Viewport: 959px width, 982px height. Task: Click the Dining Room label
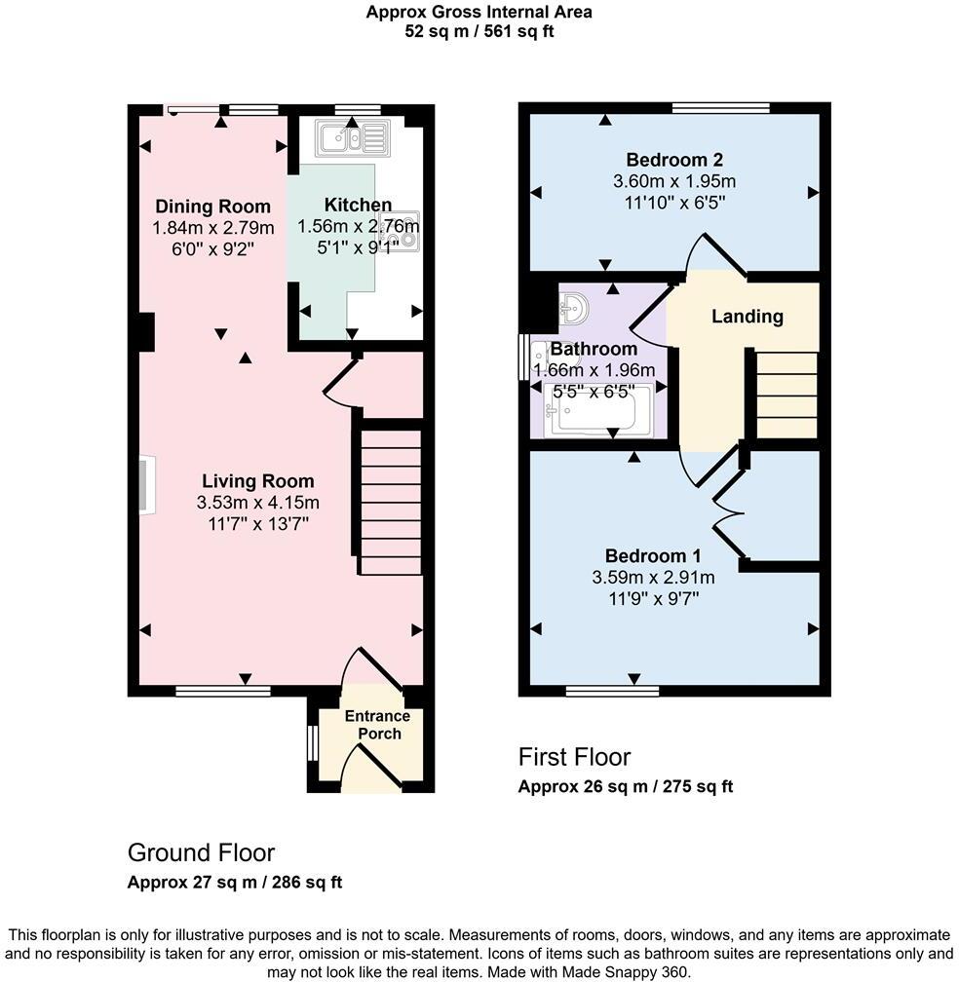[212, 206]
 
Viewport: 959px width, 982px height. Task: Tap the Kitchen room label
[358, 205]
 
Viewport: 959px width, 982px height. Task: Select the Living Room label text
[258, 481]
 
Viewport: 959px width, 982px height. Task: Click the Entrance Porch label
[378, 725]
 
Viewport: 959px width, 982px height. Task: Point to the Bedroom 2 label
[674, 160]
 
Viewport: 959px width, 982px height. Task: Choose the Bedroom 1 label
[653, 556]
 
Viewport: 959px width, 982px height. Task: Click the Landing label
[747, 317]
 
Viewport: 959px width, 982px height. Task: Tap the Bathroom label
[594, 348]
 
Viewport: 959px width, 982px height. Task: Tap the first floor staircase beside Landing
[786, 395]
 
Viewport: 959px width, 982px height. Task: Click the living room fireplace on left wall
[145, 484]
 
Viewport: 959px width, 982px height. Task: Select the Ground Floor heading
[201, 853]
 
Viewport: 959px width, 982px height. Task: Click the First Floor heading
[574, 757]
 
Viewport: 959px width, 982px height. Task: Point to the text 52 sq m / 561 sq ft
[479, 31]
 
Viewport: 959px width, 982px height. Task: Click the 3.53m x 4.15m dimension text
[258, 503]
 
